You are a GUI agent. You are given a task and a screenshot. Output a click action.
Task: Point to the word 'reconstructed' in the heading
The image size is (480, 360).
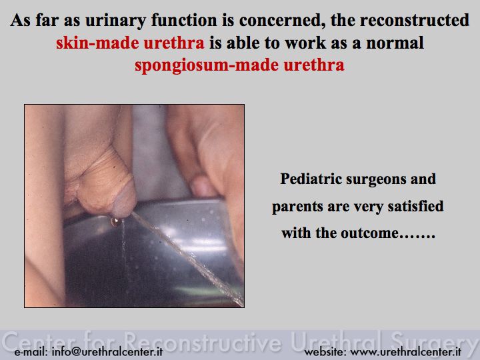[414, 20]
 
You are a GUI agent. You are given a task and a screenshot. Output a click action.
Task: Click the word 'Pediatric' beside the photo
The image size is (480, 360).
[311, 179]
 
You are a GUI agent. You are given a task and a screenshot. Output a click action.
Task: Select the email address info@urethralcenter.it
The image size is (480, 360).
[107, 352]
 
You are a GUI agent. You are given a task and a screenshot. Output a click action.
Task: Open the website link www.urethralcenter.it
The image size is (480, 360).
[406, 352]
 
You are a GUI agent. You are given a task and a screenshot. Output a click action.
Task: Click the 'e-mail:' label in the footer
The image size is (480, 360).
[31, 352]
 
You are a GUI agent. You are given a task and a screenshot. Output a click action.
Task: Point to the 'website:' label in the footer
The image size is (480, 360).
[325, 352]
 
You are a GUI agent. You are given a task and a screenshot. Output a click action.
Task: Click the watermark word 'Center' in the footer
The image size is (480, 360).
[39, 341]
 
